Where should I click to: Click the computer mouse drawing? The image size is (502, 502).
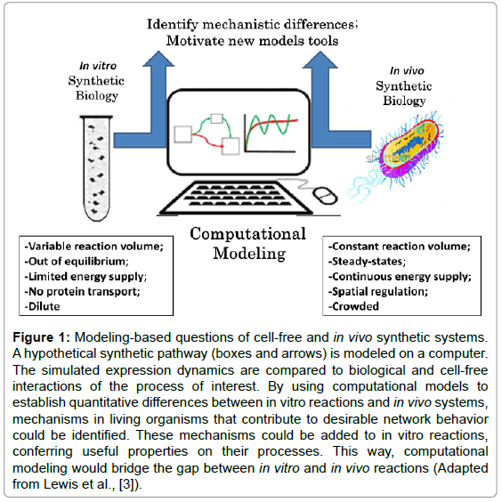pos(325,195)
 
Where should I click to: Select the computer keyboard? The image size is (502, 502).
pos(236,198)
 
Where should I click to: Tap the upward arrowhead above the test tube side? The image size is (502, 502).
pos(158,59)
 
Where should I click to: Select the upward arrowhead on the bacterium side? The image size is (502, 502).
pos(320,60)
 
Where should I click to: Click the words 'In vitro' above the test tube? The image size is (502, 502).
pos(98,66)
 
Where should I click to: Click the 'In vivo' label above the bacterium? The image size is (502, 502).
pos(407,70)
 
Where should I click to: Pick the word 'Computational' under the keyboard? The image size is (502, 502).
pos(247,234)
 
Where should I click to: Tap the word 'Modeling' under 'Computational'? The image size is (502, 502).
pos(249,254)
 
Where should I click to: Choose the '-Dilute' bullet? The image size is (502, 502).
pos(42,307)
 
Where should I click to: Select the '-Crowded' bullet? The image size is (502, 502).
pos(353,307)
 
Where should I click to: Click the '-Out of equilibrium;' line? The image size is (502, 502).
pos(77,262)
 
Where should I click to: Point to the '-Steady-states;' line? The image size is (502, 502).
pos(367,262)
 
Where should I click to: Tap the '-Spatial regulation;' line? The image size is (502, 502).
pos(378,292)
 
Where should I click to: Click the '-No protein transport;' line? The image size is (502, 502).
pos(82,292)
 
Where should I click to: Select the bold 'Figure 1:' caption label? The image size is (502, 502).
pos(41,337)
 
